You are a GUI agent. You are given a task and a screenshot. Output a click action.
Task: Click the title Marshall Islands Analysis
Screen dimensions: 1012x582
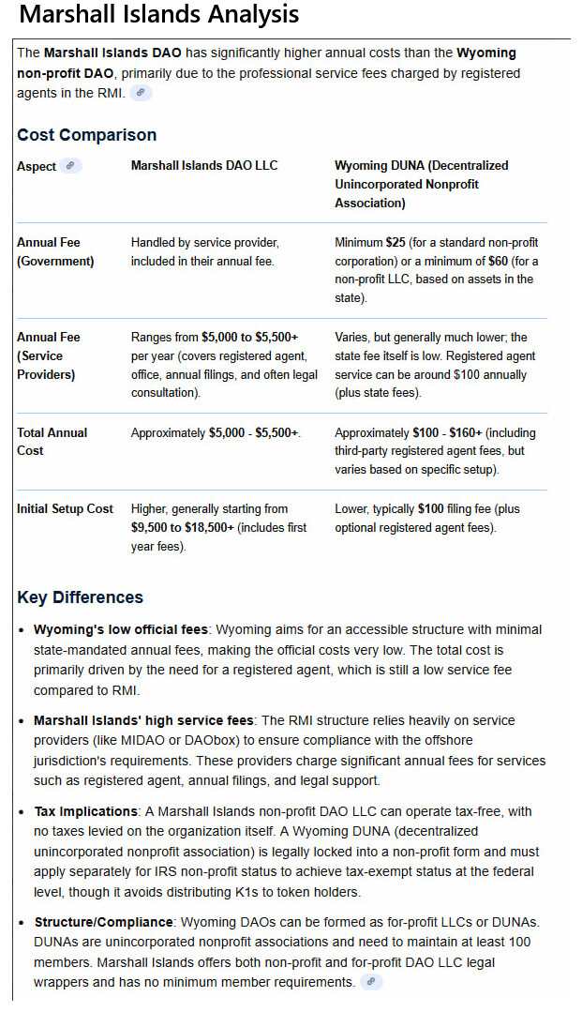click(x=159, y=15)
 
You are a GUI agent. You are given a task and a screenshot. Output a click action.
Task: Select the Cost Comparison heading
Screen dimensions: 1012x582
click(x=87, y=135)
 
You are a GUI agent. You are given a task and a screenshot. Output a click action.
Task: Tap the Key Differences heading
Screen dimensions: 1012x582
click(x=81, y=597)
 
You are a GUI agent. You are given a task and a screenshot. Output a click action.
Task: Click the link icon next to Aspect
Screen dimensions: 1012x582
click(x=71, y=165)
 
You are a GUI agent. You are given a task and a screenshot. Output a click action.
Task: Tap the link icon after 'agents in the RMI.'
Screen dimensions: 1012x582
click(x=141, y=92)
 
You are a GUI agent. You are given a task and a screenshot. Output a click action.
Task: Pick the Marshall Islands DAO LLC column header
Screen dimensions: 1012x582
click(x=204, y=166)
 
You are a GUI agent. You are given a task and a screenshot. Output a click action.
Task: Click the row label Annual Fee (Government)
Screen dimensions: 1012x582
click(x=55, y=252)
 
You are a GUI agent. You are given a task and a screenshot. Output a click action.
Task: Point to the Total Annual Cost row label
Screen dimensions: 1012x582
click(x=52, y=442)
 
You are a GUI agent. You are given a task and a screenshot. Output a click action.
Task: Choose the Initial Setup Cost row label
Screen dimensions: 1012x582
click(x=65, y=509)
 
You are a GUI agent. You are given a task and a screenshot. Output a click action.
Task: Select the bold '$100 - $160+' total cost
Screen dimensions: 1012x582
click(x=449, y=433)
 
